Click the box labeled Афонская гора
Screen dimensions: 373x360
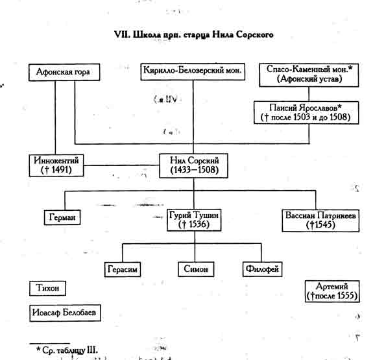pyautogui.click(x=64, y=72)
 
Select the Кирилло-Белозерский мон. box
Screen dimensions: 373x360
pyautogui.click(x=193, y=71)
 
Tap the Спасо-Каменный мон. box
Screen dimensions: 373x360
pyautogui.click(x=309, y=75)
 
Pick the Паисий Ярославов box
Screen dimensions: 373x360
pyautogui.click(x=306, y=113)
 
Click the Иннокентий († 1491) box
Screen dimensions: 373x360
pyautogui.click(x=56, y=165)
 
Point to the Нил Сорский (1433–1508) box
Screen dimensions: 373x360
pyautogui.click(x=194, y=166)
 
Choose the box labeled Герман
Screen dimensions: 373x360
pyautogui.click(x=62, y=217)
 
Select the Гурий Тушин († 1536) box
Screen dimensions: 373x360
pyautogui.click(x=194, y=220)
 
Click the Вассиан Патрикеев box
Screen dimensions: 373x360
pyautogui.click(x=320, y=221)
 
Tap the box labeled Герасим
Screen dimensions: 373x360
pyautogui.click(x=123, y=269)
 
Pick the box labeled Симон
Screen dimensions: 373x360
pyautogui.click(x=196, y=269)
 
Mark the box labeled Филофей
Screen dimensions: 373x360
pyautogui.click(x=262, y=269)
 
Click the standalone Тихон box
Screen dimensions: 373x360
pyautogui.click(x=47, y=289)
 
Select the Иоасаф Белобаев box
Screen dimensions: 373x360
pyautogui.click(x=65, y=313)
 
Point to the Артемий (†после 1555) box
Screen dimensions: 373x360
pyautogui.click(x=332, y=291)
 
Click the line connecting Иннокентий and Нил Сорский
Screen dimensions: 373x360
pyautogui.click(x=121, y=165)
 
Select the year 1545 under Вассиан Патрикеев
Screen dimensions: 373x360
pyautogui.click(x=322, y=224)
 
